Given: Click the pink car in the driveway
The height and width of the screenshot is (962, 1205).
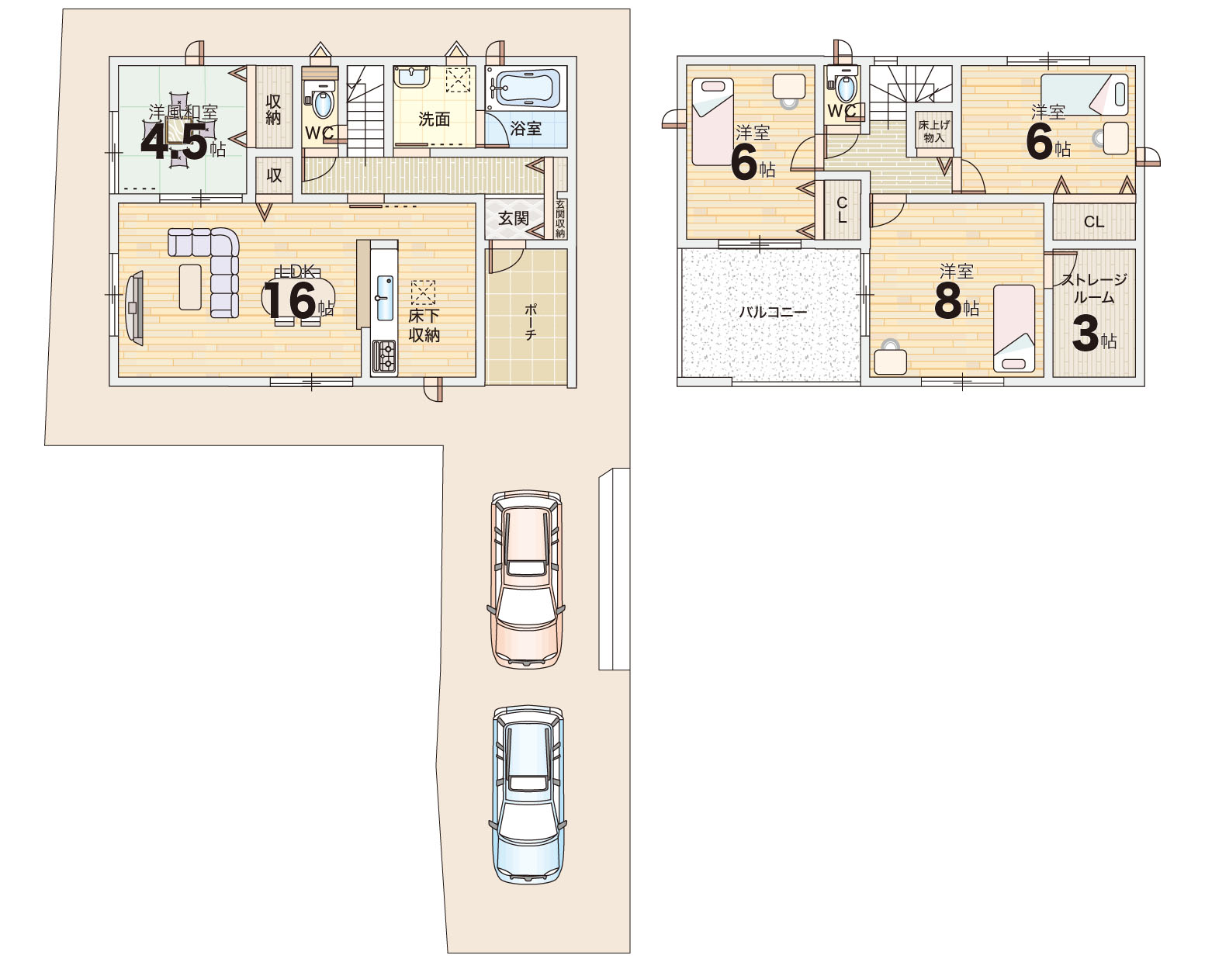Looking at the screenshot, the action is tap(526, 580).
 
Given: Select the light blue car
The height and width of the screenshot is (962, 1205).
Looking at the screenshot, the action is tap(528, 794).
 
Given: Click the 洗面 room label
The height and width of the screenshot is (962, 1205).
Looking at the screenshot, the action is tap(434, 119).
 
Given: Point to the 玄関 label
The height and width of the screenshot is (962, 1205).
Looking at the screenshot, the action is tap(514, 218).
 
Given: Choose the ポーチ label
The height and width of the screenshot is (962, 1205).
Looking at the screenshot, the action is tap(530, 322).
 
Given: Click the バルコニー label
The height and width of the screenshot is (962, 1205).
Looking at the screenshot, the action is tap(774, 312).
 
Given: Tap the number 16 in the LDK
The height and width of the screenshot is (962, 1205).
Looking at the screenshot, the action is tap(290, 301).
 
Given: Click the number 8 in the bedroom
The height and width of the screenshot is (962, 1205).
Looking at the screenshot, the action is tap(947, 301).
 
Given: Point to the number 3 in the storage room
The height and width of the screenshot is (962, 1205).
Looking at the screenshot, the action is tap(1086, 334).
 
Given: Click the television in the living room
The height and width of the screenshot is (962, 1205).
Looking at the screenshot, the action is tap(135, 307).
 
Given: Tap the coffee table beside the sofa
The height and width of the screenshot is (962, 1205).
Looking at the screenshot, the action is tap(190, 287).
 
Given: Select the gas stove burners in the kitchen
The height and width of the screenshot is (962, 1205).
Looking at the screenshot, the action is tap(384, 356).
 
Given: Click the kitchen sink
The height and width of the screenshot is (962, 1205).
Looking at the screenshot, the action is tap(385, 298).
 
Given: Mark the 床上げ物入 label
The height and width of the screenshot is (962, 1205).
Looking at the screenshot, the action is tap(933, 131).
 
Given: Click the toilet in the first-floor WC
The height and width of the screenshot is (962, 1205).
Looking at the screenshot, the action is tap(320, 99).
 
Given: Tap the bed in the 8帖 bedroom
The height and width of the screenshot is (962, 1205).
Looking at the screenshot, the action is tap(1014, 329).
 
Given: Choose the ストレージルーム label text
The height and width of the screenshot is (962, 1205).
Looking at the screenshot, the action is tap(1093, 288).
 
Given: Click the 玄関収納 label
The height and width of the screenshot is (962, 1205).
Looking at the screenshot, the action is tap(560, 219).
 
